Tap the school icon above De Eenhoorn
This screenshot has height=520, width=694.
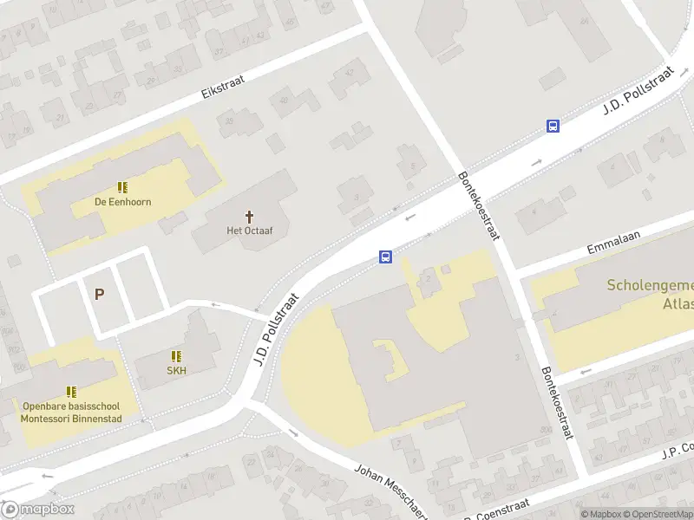[x=122, y=187]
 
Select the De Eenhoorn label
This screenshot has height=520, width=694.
[x=122, y=202]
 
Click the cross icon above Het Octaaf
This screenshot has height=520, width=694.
[x=250, y=216]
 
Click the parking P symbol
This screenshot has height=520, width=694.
[x=99, y=294]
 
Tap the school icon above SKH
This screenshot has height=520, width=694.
[x=177, y=356]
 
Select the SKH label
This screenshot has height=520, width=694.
[x=177, y=370]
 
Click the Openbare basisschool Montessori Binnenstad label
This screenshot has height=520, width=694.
[x=71, y=413]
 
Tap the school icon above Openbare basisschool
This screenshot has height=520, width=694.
[x=71, y=392]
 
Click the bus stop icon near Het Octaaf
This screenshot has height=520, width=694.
[x=385, y=257]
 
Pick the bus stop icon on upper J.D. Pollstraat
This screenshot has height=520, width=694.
[x=553, y=126]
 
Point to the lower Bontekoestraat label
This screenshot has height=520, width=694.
[x=557, y=401]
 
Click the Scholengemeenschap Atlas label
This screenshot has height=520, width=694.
[x=650, y=294]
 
